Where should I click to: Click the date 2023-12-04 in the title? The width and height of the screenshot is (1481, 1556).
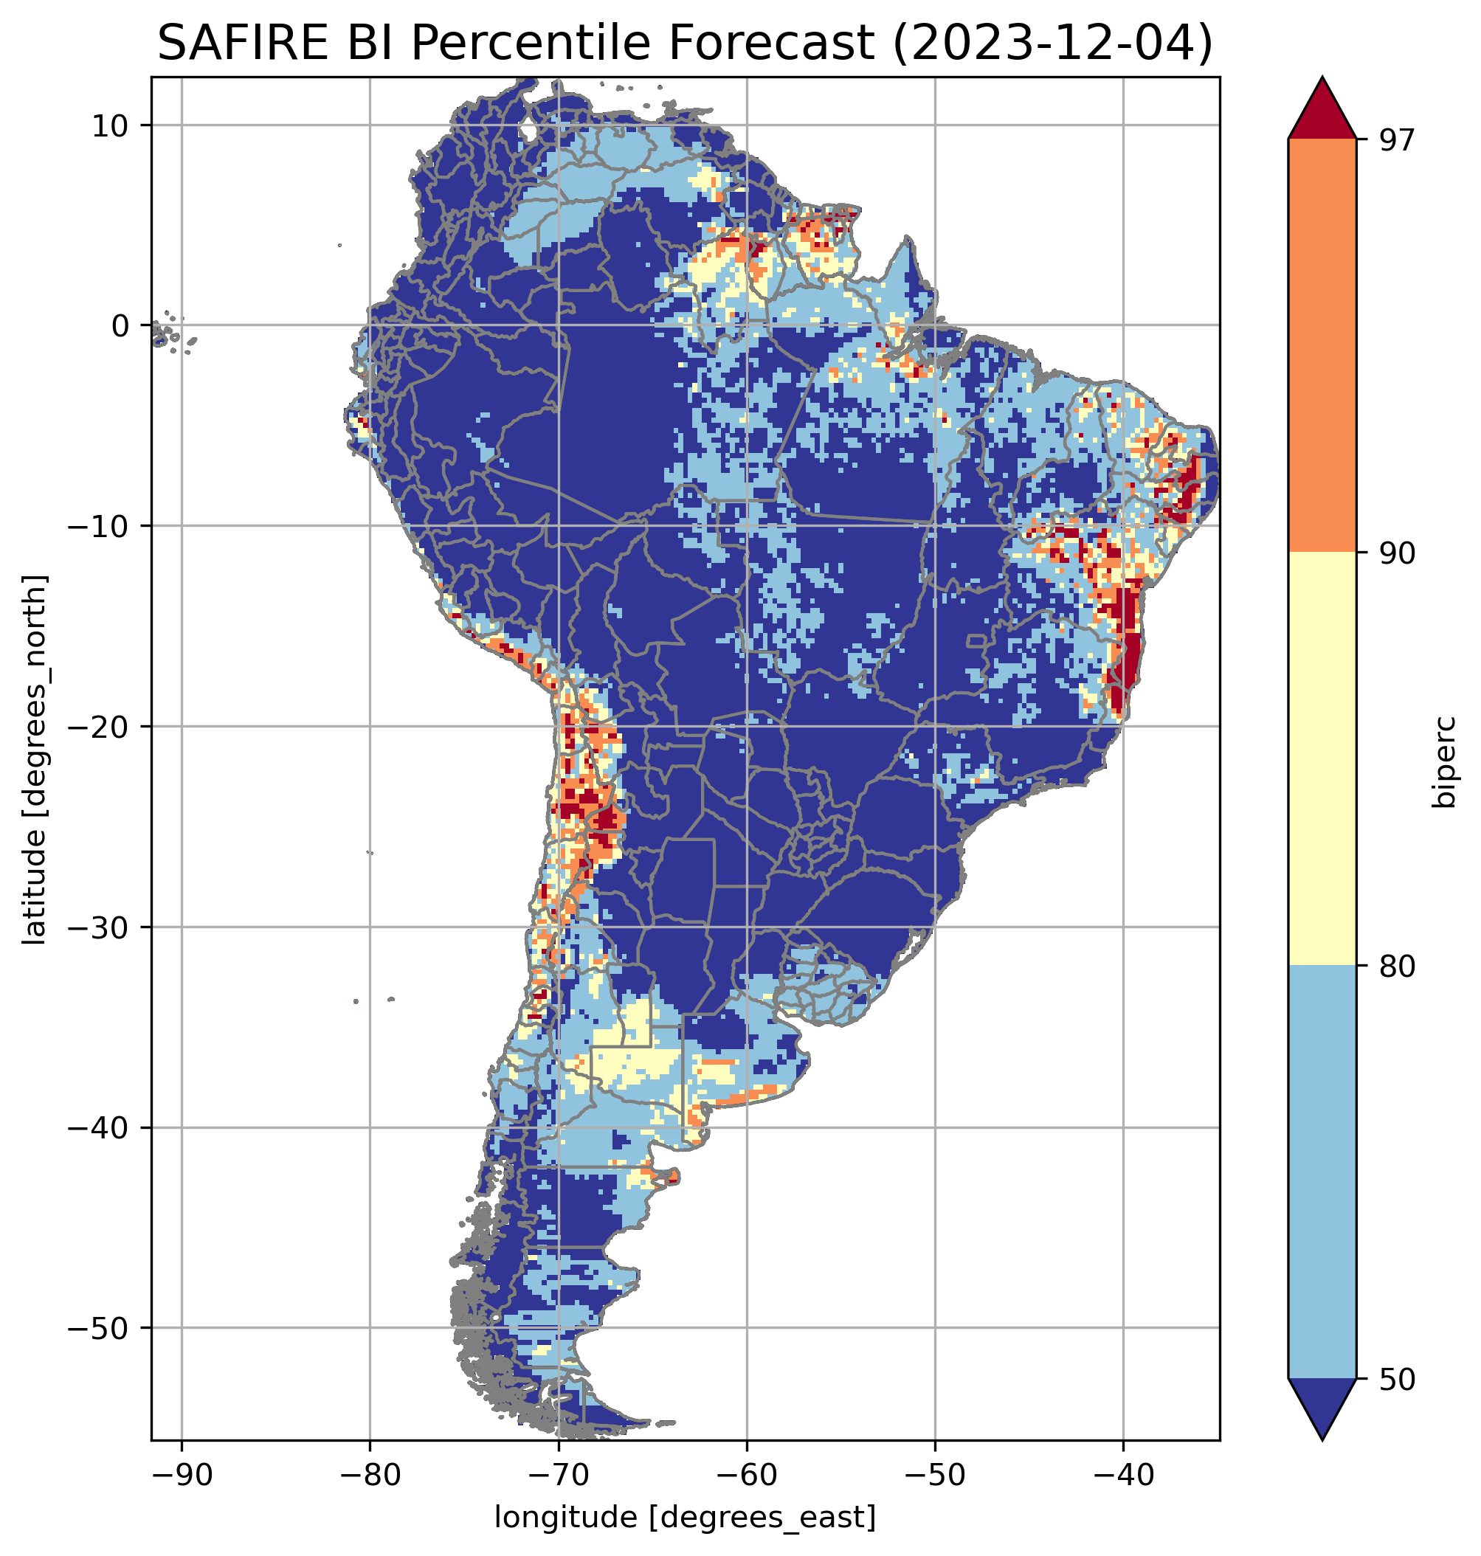click(1051, 43)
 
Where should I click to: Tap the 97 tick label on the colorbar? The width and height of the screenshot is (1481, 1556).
click(1397, 139)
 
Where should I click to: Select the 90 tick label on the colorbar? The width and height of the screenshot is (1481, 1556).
click(1397, 553)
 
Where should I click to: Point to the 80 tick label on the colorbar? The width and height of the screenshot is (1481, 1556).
click(1397, 967)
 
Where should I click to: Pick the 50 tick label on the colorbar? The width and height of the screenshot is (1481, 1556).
click(1397, 1380)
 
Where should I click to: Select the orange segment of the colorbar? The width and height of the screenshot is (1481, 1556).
click(1322, 346)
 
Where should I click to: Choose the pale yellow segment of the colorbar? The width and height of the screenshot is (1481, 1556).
click(1322, 758)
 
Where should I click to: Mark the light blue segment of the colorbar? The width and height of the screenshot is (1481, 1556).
click(1322, 1172)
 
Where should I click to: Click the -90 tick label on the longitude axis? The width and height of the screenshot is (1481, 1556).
click(182, 1474)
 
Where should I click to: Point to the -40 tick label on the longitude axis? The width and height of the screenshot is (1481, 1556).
click(1122, 1474)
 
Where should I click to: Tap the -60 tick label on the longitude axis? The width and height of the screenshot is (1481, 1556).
click(746, 1474)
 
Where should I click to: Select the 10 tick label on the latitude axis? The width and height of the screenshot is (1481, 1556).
click(111, 125)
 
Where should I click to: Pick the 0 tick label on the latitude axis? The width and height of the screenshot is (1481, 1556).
click(120, 325)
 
